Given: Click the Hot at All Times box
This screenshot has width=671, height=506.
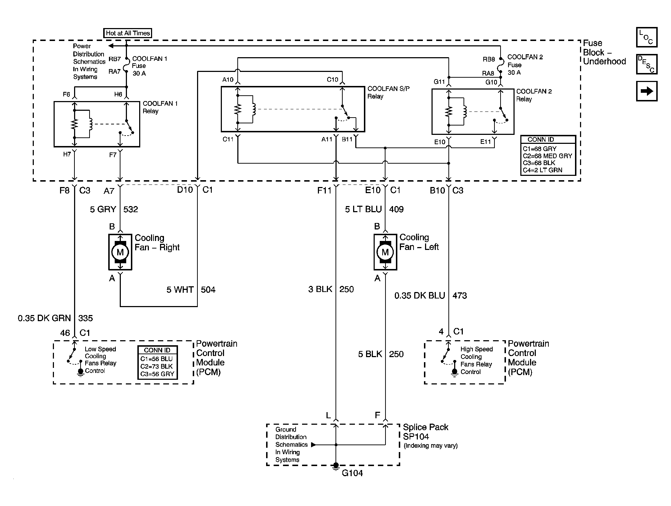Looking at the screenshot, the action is [x=128, y=33].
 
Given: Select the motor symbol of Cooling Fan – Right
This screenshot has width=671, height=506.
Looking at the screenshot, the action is [x=120, y=252].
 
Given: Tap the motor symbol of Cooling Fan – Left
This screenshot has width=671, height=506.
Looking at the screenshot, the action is [x=385, y=252].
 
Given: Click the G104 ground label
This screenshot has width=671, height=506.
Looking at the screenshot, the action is [x=352, y=473].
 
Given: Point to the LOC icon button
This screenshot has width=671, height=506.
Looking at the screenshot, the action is [x=647, y=37].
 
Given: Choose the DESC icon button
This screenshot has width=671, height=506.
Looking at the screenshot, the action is [x=647, y=64].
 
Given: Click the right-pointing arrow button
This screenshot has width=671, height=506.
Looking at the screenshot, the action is [x=647, y=91].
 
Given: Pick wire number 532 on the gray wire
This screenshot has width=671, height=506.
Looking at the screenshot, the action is [x=131, y=209].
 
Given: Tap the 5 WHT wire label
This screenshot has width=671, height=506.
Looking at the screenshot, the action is [x=180, y=290].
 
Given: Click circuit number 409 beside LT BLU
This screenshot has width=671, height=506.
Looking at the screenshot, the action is [x=396, y=209].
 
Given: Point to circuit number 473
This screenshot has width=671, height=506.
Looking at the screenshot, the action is [x=460, y=296].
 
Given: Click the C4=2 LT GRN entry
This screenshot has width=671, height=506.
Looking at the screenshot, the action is [x=542, y=170].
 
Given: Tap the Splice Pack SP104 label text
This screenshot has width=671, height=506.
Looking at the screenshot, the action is [x=425, y=432].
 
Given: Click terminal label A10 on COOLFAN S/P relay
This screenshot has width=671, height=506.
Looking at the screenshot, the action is [x=228, y=79].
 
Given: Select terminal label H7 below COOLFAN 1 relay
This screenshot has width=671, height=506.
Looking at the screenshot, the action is [x=67, y=154].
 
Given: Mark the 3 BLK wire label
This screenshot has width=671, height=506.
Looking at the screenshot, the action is [x=320, y=289].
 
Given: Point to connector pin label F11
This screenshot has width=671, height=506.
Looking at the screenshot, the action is [x=324, y=190].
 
